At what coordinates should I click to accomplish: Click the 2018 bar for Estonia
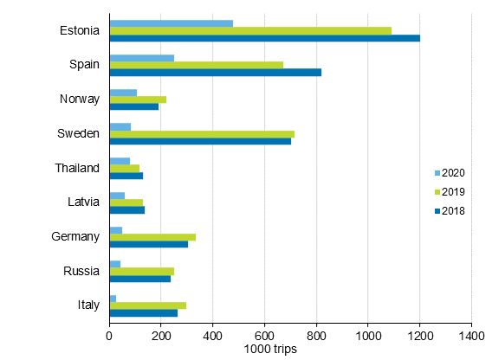[264, 38]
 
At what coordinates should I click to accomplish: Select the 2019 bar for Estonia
[250, 30]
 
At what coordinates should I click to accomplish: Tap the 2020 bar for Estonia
[172, 22]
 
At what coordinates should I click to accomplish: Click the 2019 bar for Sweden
[202, 133]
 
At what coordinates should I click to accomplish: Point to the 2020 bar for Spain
[142, 58]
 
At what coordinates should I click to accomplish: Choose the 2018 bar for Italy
[143, 312]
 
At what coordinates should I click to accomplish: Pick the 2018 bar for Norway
[134, 106]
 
